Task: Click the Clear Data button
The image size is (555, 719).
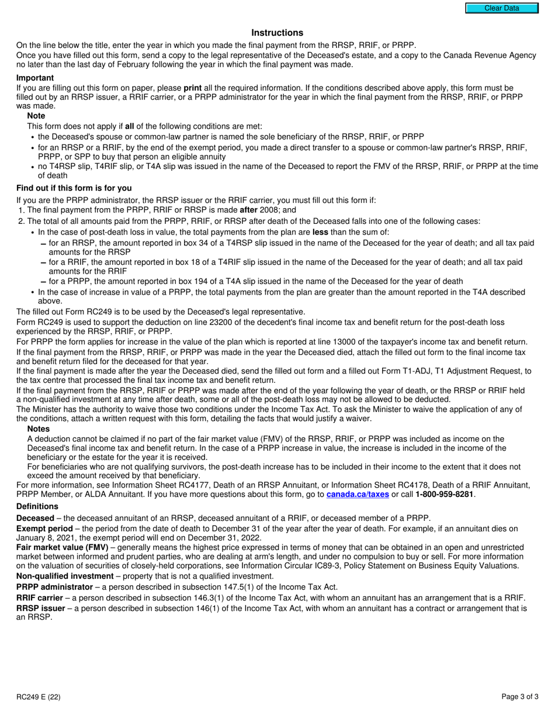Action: [x=502, y=8]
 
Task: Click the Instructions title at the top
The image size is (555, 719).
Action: [x=277, y=33]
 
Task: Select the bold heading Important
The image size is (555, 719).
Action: [x=35, y=78]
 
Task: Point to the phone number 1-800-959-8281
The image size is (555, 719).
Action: [x=444, y=495]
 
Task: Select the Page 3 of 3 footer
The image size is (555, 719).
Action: [x=520, y=696]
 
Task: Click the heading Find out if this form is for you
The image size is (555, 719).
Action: [x=74, y=188]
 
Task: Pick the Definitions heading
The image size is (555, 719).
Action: [x=37, y=506]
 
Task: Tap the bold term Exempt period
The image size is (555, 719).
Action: [x=44, y=528]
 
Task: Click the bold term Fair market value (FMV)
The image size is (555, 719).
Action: [x=62, y=547]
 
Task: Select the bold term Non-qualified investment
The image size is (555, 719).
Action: [x=65, y=576]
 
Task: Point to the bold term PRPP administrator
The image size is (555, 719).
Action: [x=54, y=587]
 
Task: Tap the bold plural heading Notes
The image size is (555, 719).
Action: [x=39, y=429]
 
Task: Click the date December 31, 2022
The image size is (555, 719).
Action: [x=228, y=538]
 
